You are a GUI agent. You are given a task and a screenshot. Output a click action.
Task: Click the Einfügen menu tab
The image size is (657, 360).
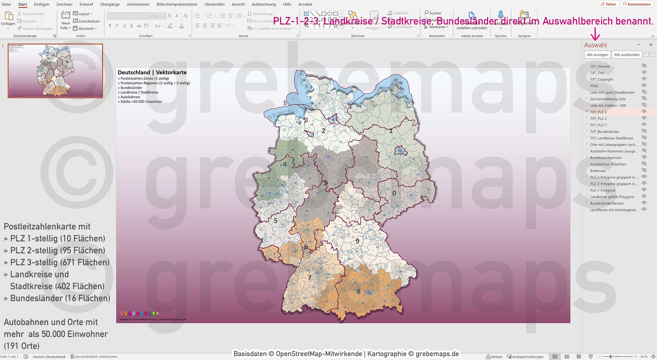[x=42, y=4]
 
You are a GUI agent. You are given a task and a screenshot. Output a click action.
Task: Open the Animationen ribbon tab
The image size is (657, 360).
[x=138, y=4]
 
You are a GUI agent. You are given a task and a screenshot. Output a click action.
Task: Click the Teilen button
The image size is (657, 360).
[x=608, y=4]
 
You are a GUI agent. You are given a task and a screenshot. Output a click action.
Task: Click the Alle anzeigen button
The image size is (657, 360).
[x=597, y=55]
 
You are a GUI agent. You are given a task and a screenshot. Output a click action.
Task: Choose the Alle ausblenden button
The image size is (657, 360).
[x=627, y=55]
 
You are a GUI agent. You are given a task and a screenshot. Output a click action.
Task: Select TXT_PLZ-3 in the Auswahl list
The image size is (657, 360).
[x=598, y=112]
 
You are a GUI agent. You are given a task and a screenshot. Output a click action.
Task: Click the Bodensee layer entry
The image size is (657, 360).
[x=598, y=171]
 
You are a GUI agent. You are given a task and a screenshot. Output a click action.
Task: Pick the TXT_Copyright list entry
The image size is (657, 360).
[x=601, y=79]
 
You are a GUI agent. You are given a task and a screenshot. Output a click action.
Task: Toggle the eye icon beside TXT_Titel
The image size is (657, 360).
[x=644, y=73]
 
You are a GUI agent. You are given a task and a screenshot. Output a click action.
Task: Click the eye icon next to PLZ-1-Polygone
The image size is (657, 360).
[x=644, y=190]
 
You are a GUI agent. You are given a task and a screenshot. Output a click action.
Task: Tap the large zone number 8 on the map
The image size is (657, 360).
[x=358, y=291]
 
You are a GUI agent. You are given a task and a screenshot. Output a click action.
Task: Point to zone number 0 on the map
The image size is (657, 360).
[x=394, y=193]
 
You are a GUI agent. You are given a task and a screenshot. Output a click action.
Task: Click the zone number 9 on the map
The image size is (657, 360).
[x=357, y=241]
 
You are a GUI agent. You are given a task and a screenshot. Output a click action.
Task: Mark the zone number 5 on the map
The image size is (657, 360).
[x=276, y=221]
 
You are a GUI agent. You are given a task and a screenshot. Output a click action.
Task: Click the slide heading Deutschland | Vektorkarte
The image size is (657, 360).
[x=152, y=72]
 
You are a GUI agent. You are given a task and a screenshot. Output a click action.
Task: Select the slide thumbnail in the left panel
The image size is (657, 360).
[x=55, y=71]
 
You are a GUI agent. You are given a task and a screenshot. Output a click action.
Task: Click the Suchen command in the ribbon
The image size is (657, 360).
[x=433, y=13]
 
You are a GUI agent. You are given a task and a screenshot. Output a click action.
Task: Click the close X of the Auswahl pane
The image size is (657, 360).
[x=651, y=45]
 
